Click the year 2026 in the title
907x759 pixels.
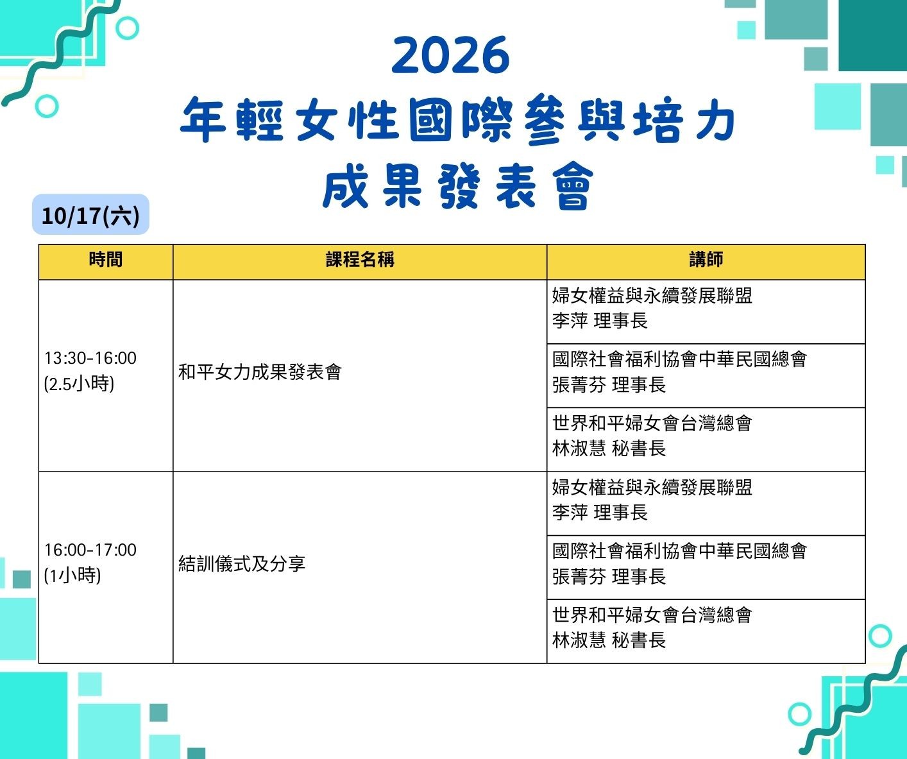click(450, 55)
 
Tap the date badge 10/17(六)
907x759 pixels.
click(91, 215)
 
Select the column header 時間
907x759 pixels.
click(106, 259)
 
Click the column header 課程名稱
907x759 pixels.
click(360, 259)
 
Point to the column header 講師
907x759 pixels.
click(706, 259)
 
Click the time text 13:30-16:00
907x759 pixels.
click(90, 358)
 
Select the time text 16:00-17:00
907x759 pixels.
click(90, 550)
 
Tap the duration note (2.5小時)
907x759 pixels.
click(79, 384)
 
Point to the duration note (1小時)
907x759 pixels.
click(72, 576)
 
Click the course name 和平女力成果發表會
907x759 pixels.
click(260, 372)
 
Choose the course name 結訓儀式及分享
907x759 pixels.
click(242, 564)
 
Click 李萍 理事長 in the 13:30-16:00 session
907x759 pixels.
click(600, 321)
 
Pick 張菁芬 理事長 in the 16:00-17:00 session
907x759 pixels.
click(609, 577)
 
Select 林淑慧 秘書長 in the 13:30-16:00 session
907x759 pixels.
click(609, 448)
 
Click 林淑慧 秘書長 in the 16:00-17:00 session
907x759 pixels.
click(609, 640)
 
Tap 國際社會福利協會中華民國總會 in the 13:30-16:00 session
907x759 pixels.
click(679, 359)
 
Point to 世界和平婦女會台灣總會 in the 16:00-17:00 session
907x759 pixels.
click(652, 615)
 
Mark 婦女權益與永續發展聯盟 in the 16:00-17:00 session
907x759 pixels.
click(652, 487)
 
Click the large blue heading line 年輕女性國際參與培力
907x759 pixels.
click(457, 118)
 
